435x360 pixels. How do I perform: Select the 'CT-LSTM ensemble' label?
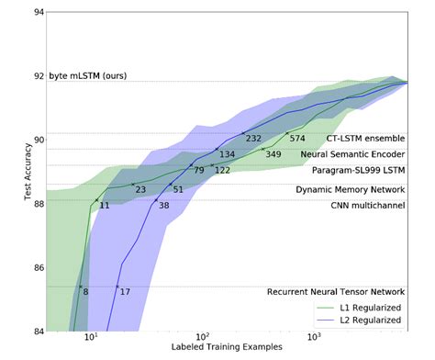point(365,139)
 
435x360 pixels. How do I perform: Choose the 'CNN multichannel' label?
point(368,206)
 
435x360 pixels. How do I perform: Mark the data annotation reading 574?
point(297,139)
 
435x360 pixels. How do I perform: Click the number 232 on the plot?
point(254,139)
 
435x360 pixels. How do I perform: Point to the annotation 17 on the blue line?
point(125,292)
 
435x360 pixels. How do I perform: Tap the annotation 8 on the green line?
point(85,292)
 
